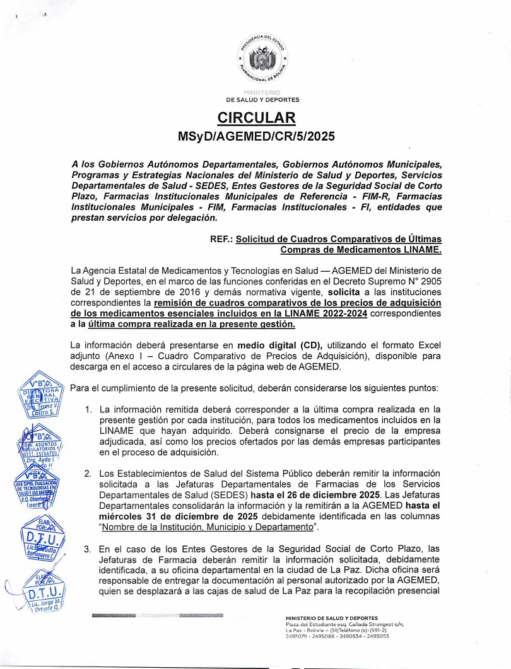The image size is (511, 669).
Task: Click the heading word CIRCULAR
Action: pos(256,118)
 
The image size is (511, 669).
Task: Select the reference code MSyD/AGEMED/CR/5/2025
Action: pos(256,136)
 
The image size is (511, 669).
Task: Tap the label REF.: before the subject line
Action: pos(221,240)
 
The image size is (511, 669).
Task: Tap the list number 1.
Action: pos(88,410)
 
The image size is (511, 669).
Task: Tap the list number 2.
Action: pos(88,473)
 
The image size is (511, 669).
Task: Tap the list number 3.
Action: pos(88,549)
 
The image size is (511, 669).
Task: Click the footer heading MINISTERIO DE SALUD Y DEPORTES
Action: pos(331,617)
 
